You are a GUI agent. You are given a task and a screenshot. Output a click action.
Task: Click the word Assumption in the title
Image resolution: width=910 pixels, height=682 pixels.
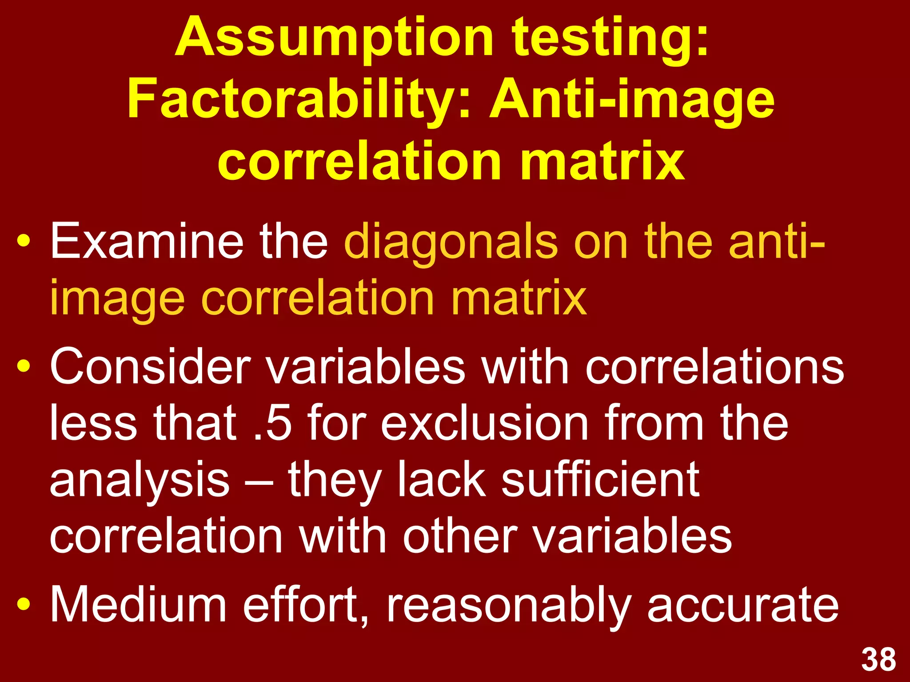(x=334, y=38)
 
